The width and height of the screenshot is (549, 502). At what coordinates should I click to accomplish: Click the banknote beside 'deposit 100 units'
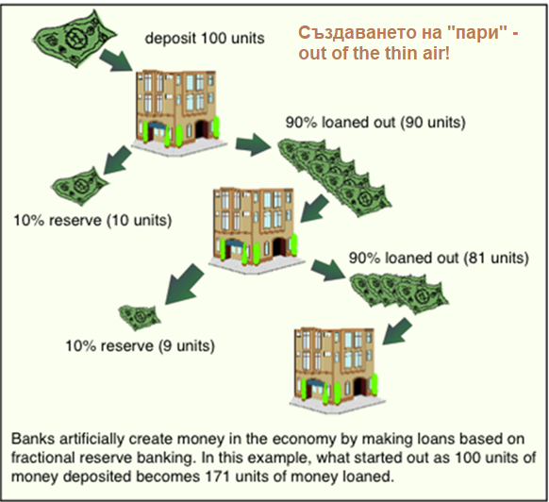pos(75,38)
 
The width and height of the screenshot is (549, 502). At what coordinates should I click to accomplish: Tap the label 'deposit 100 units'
pos(205,38)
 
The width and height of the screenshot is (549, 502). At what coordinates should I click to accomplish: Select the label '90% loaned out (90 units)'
pos(375,123)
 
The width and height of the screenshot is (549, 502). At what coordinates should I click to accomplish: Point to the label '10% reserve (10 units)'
pos(92,221)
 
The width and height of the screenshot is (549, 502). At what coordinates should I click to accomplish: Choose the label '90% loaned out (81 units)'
pos(439,258)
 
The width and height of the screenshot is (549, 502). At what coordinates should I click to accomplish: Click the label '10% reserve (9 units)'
pos(140,345)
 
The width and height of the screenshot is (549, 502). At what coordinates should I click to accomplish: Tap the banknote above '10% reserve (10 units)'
pos(80,186)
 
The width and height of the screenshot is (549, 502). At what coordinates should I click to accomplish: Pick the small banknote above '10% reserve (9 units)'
pos(140,317)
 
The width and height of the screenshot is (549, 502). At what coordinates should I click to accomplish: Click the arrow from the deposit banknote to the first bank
pos(116,60)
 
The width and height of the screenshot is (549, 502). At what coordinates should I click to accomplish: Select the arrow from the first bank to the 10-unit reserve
pos(117,160)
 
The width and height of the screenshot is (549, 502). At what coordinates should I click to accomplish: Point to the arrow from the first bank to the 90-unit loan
pos(253,144)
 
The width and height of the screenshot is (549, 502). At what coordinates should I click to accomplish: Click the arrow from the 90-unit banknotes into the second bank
pos(314,209)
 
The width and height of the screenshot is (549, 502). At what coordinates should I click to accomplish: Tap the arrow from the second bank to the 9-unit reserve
pos(184,284)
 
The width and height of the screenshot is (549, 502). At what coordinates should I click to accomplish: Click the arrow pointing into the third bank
pos(397,331)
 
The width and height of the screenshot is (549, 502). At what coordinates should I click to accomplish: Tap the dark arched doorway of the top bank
pos(201,129)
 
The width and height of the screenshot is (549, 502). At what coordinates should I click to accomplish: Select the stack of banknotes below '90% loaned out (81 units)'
pos(399,293)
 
